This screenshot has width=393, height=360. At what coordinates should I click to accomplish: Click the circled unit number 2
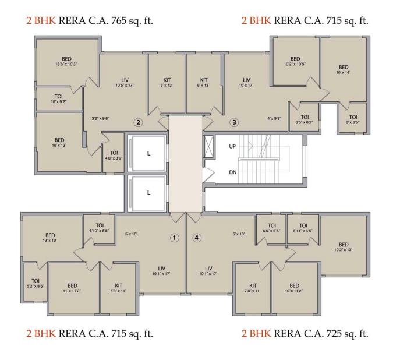click(x=138, y=122)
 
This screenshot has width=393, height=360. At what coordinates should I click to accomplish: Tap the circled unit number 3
click(x=234, y=122)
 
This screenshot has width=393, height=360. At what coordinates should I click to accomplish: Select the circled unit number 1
click(x=174, y=238)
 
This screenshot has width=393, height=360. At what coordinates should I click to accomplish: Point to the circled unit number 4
click(x=197, y=238)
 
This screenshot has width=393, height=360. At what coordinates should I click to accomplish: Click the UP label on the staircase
click(x=232, y=146)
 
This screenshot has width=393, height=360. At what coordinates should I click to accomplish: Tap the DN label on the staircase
click(x=232, y=172)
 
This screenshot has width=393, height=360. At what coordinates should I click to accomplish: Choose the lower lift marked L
click(x=148, y=192)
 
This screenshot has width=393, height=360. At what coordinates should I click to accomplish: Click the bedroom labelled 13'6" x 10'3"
click(x=67, y=61)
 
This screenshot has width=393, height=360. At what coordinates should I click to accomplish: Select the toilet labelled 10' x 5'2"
click(x=58, y=98)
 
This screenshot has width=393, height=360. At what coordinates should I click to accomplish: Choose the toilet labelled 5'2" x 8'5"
click(x=35, y=283)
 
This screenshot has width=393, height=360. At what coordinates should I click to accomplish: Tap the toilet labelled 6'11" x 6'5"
click(x=302, y=228)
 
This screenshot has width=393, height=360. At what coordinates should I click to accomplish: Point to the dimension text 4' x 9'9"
click(x=274, y=118)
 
